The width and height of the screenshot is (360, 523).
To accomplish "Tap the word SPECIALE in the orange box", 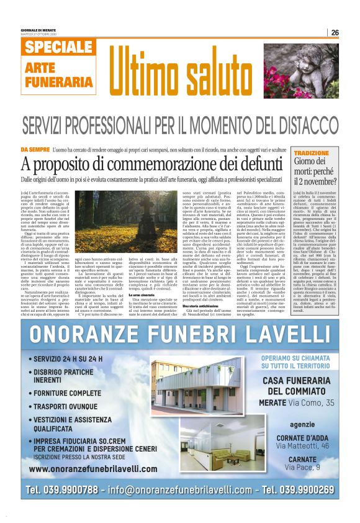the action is tap(60, 47).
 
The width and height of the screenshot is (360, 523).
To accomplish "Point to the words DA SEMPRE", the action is tap(52, 150).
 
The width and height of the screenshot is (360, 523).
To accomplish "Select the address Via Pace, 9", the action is tap(302, 467).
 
